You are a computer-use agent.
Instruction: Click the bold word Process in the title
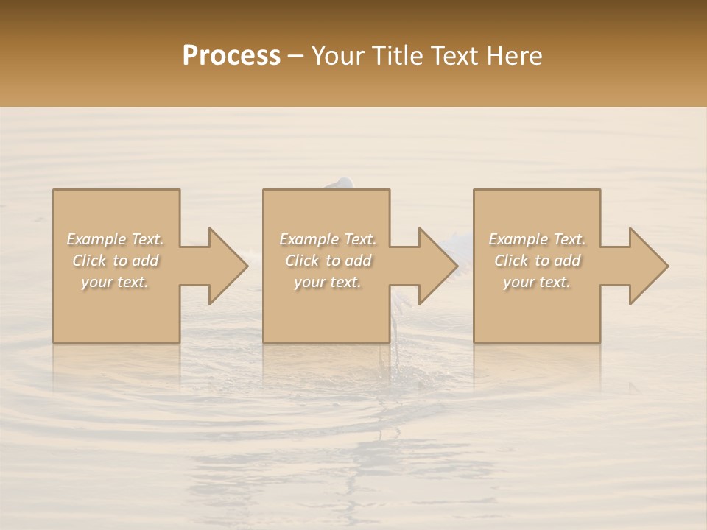231,56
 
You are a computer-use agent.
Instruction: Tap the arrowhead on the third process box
644,266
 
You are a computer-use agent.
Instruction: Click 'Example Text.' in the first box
116,239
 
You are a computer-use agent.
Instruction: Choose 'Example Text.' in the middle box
328,239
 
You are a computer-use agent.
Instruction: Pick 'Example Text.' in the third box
537,239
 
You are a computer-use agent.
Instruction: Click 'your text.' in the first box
115,282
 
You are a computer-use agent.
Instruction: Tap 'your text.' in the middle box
327,282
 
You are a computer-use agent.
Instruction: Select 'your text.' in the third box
536,282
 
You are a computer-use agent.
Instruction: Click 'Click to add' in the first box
116,261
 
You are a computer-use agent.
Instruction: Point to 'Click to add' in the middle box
328,261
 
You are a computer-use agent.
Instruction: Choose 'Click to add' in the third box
537,261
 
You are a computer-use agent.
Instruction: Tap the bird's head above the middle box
342,183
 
